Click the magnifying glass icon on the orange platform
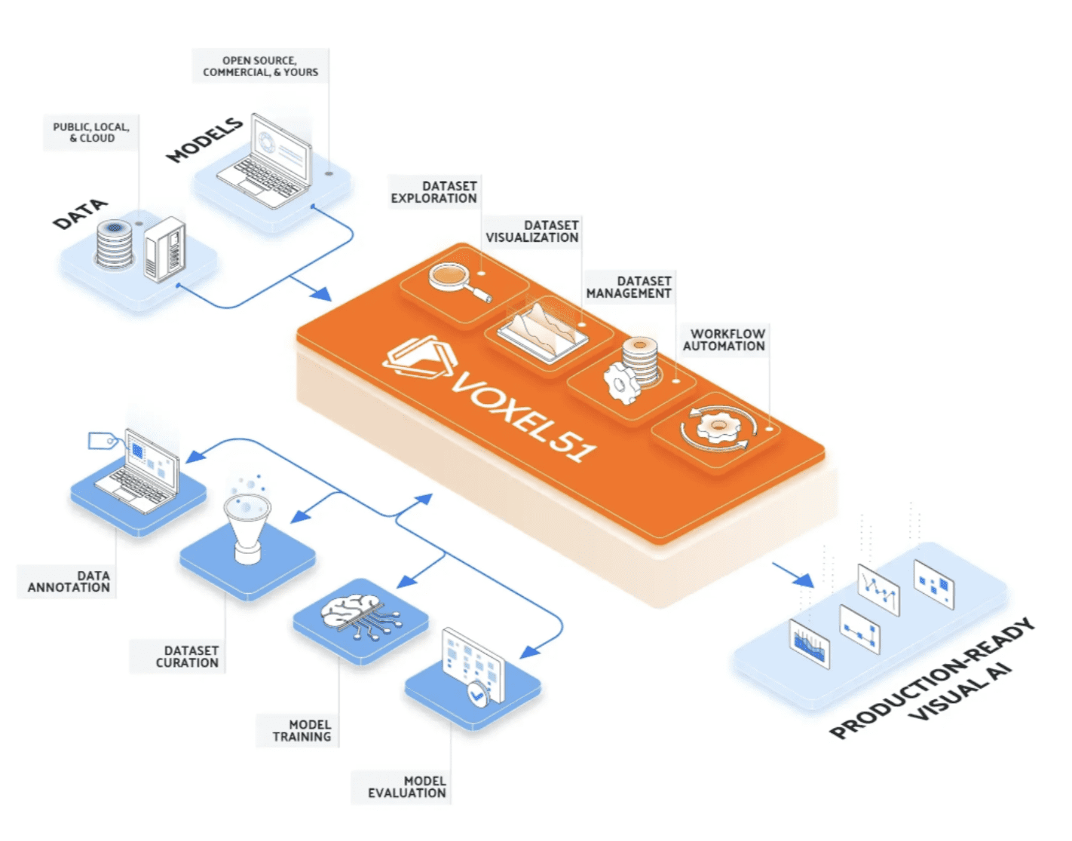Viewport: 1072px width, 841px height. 458,282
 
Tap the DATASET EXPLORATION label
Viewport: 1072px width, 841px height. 433,192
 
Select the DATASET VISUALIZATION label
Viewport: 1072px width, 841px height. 531,231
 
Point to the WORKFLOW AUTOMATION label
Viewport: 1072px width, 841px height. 724,340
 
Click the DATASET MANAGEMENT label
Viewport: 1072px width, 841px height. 629,287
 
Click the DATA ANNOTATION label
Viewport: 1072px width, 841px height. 69,581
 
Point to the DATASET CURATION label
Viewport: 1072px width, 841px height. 187,656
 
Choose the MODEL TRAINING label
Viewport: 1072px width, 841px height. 302,730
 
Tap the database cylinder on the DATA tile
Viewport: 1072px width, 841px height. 114,243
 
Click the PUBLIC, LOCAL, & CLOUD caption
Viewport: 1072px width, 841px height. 91,133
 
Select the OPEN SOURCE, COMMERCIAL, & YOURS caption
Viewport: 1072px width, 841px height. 260,66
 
